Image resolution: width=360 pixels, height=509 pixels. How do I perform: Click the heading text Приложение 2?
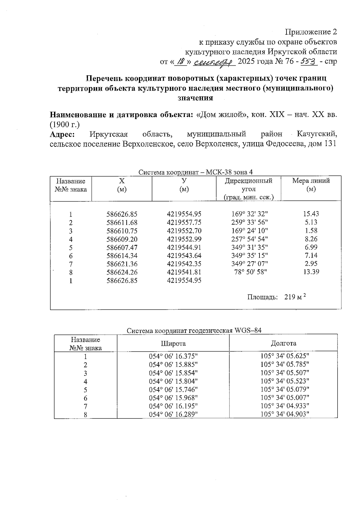(311, 32)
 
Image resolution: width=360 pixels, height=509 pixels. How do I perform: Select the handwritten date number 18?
(181, 61)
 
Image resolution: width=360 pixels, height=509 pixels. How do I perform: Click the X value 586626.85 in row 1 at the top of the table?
(122, 214)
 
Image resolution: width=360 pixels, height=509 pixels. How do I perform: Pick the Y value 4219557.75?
(184, 223)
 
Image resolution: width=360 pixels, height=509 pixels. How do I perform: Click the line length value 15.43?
(311, 214)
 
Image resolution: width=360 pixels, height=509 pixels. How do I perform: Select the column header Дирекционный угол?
(249, 185)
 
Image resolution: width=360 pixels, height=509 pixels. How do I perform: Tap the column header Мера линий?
(311, 181)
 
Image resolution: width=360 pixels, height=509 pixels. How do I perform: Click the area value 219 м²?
(295, 297)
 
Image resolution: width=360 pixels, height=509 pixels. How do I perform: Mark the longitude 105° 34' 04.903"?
(284, 414)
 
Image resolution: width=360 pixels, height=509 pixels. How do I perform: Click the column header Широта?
(173, 343)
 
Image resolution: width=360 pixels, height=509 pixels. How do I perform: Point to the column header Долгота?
(283, 343)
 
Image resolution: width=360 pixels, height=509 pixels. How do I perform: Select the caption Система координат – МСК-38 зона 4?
(196, 172)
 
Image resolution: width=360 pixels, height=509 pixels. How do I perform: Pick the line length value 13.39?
(311, 272)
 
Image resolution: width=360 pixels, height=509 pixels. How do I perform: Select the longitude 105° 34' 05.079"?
(284, 390)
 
